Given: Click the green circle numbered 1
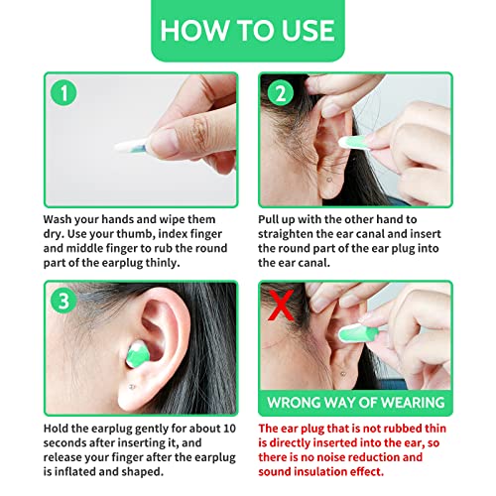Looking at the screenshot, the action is coord(63,92).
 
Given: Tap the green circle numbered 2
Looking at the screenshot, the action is coord(281,92).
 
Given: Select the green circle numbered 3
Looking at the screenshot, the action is coord(63,301).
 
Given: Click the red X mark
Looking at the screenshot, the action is coord(281,306).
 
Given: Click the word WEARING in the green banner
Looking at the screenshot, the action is coord(413,403).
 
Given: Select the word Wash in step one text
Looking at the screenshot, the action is coord(58,219).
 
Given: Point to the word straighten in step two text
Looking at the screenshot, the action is coord(285,234).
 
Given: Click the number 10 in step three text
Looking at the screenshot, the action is coord(229,429).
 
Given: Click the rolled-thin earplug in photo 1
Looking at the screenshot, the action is coord(131,147).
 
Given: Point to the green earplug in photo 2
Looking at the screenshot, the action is coord(354,143).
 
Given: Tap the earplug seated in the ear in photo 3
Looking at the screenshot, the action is coord(138,355).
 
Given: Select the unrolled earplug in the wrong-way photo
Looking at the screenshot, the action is coord(359,333).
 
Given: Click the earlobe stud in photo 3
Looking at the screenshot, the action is coord(132,387).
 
